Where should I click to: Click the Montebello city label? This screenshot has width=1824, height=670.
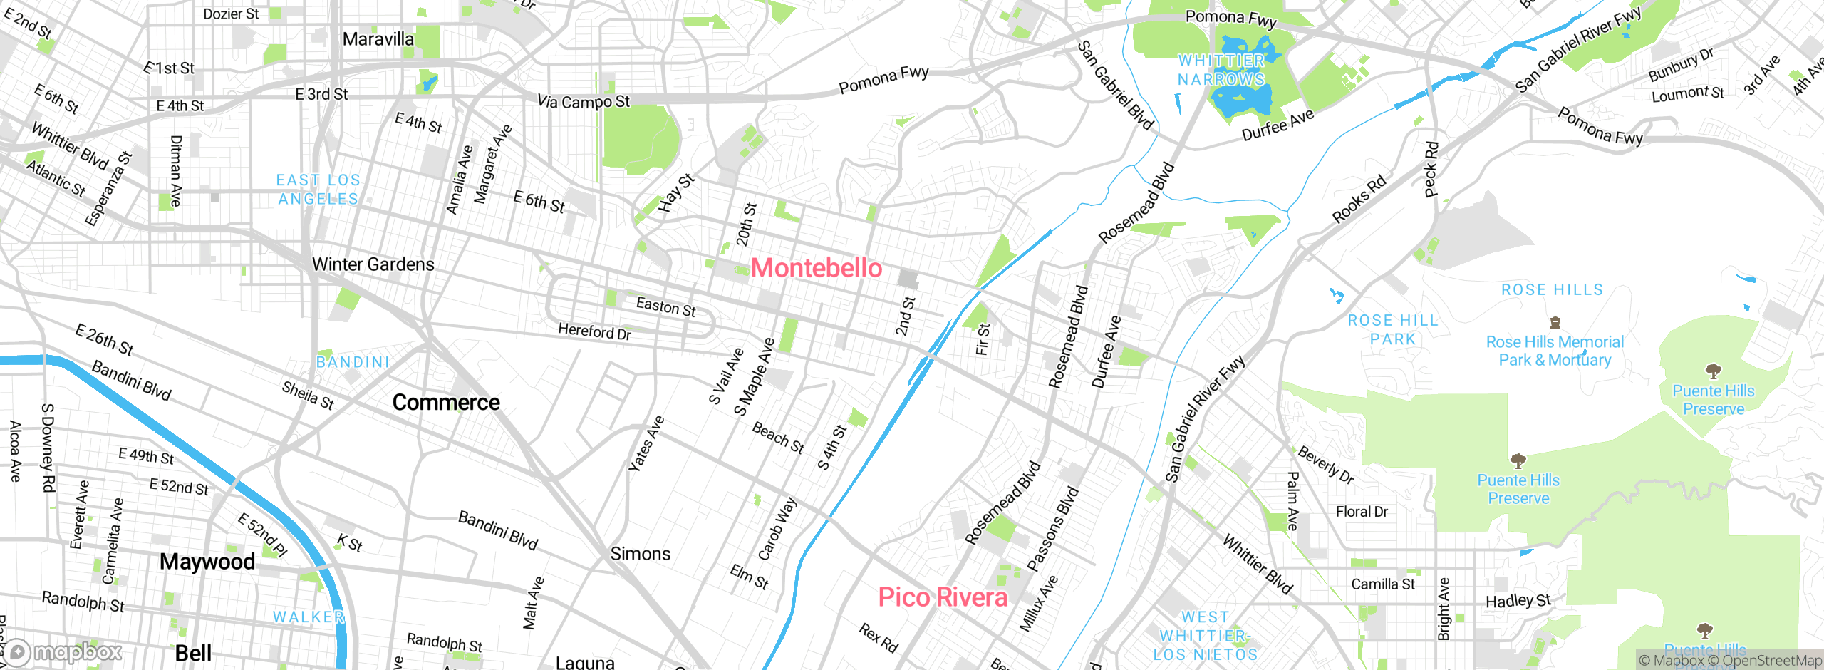[817, 268]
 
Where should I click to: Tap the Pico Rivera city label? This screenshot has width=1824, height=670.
[942, 597]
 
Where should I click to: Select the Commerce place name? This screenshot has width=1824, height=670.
[446, 403]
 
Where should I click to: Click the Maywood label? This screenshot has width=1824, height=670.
[207, 562]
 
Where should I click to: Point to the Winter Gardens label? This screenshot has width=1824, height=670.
[373, 264]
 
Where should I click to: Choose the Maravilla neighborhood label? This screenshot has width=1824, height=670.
[378, 39]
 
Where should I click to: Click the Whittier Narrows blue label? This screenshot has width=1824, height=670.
[1221, 70]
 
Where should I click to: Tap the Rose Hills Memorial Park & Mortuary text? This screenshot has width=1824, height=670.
[1555, 351]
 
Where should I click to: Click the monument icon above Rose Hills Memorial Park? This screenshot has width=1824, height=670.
[1555, 324]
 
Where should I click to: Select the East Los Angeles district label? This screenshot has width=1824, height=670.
[318, 190]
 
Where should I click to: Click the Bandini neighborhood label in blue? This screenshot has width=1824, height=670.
[353, 362]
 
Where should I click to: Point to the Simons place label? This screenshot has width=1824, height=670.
[640, 554]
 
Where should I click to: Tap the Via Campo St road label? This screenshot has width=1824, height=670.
[583, 102]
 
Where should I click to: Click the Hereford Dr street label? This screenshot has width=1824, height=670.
[594, 331]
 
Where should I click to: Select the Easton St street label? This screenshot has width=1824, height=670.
[665, 307]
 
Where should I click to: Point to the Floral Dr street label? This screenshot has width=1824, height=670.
[1362, 512]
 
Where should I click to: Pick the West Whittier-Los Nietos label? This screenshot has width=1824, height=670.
[1205, 636]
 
